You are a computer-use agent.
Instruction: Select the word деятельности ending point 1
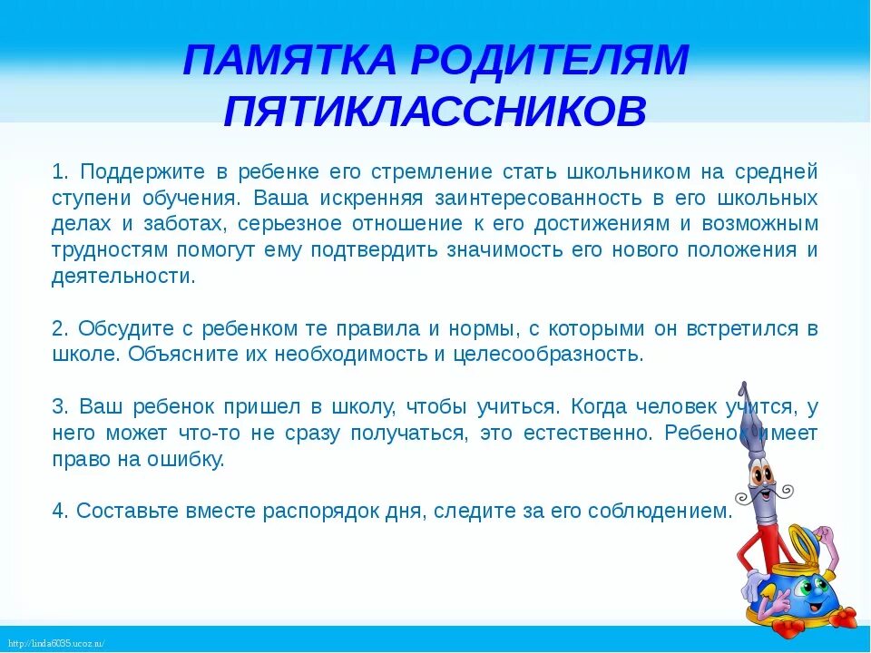tap(123, 277)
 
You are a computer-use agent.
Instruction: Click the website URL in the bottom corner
tap(54, 644)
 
